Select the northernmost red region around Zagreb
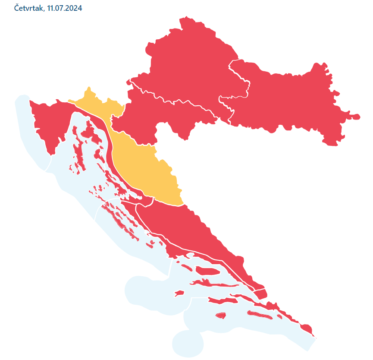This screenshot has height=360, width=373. pos(190,65)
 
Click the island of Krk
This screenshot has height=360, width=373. pos(92,134)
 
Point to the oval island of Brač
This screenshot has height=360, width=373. pos(208,271)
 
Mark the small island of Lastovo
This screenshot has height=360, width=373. pos(221,315)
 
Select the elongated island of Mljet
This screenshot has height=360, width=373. pos(259,315)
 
